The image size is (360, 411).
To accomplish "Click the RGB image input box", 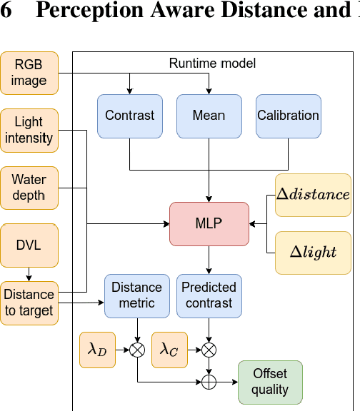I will tap(29, 73).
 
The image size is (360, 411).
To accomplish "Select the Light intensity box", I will tap(29, 131).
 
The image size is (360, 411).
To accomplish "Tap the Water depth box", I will tap(29, 188).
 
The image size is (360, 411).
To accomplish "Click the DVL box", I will tap(29, 245).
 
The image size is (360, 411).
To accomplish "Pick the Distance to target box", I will tap(29, 303).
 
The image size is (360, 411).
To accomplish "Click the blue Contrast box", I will tap(129, 116).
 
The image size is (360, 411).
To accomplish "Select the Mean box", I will tap(209, 116).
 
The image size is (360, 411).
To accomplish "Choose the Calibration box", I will tap(288, 116).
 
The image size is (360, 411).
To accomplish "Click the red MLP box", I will tap(209, 223).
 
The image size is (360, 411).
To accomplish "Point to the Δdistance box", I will tap(313, 195).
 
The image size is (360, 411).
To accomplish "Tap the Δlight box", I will tap(313, 253).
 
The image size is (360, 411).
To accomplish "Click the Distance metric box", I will tap(136, 295).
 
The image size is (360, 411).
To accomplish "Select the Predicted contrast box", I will tap(209, 295).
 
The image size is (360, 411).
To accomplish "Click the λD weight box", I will tap(97, 350).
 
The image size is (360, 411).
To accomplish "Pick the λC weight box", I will tap(169, 350).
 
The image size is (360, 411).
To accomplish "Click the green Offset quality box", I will tap(269, 382).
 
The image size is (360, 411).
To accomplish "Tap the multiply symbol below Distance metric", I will tap(136, 350).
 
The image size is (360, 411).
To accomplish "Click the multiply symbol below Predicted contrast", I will tap(209, 350).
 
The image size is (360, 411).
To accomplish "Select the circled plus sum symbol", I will tap(209, 382).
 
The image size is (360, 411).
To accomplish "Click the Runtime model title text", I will tap(212, 64).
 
